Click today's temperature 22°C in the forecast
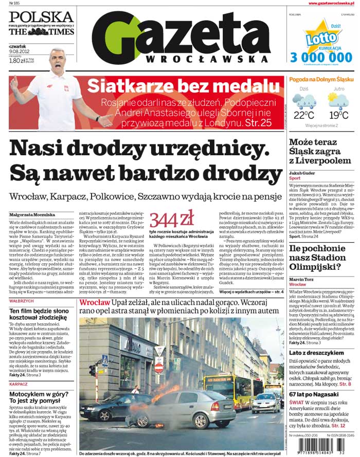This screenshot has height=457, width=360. click(x=304, y=115)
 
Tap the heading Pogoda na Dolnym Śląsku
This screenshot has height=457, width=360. click(x=321, y=80)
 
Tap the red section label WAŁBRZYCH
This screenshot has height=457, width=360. click(x=21, y=301)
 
